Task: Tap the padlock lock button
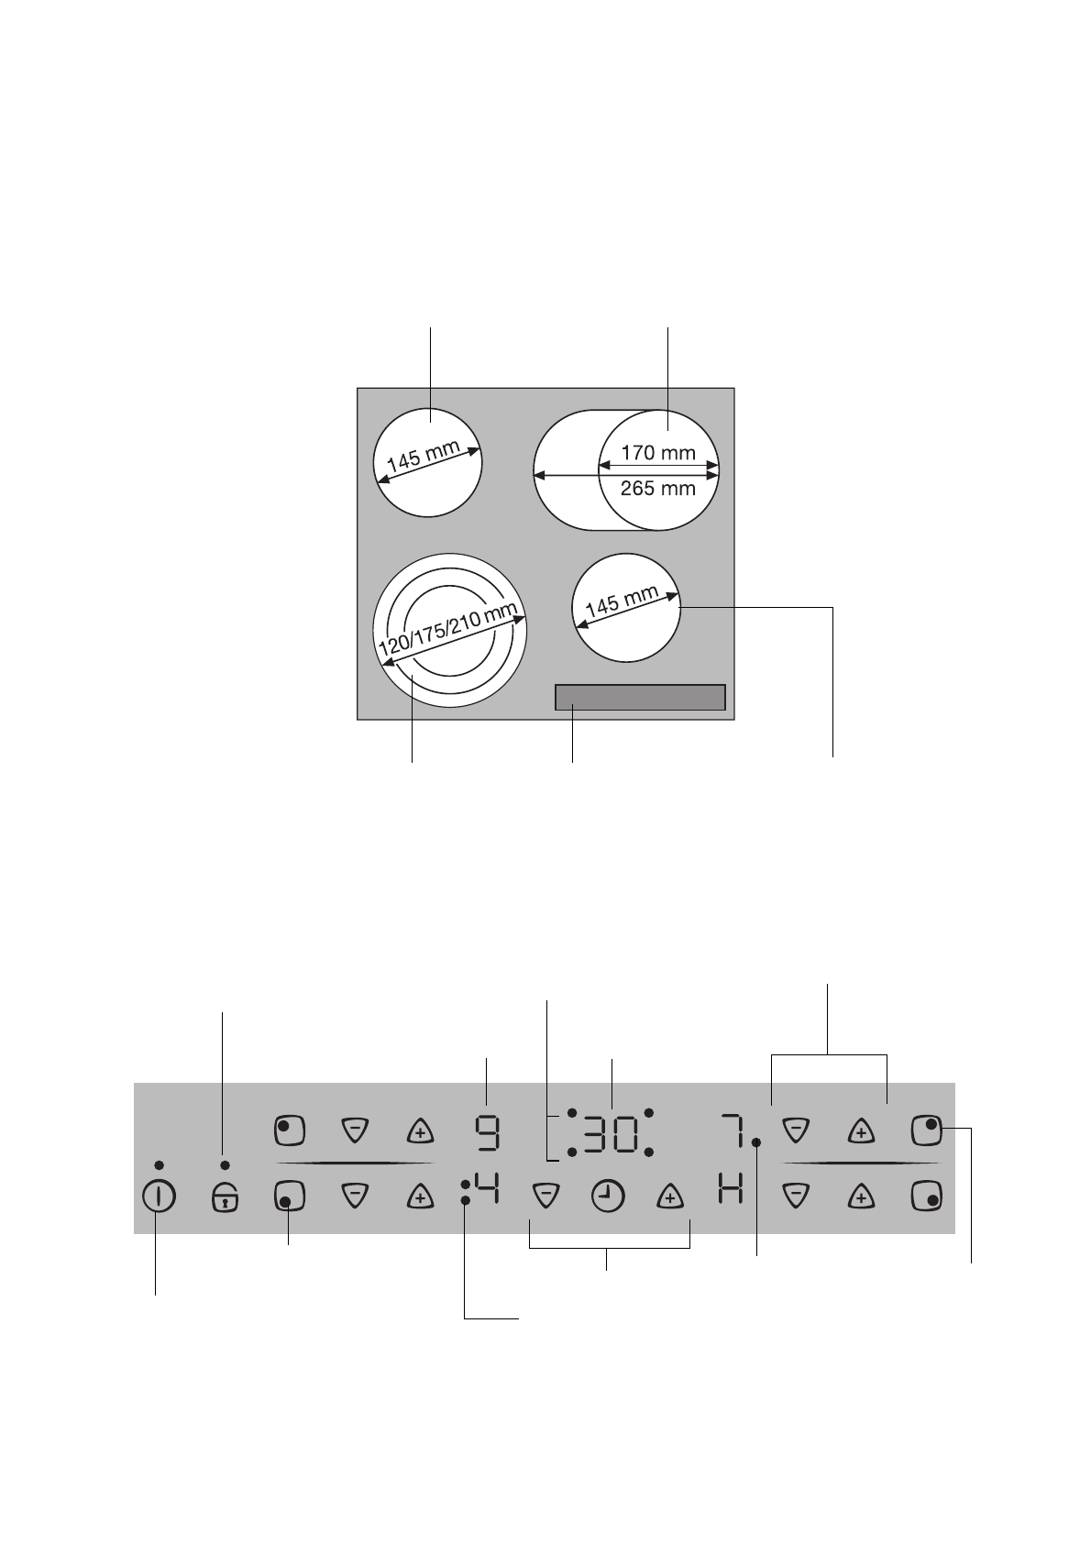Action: click(x=225, y=1197)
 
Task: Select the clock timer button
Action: click(x=607, y=1197)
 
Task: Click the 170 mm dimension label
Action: click(x=658, y=452)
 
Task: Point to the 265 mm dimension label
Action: click(x=658, y=488)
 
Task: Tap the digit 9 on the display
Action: click(x=487, y=1133)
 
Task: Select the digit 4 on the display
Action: click(x=487, y=1193)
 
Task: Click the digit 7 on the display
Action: click(x=731, y=1132)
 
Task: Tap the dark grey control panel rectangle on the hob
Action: click(x=640, y=698)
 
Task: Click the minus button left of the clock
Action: click(x=545, y=1197)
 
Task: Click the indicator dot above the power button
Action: click(x=160, y=1164)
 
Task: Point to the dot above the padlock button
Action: click(x=225, y=1164)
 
